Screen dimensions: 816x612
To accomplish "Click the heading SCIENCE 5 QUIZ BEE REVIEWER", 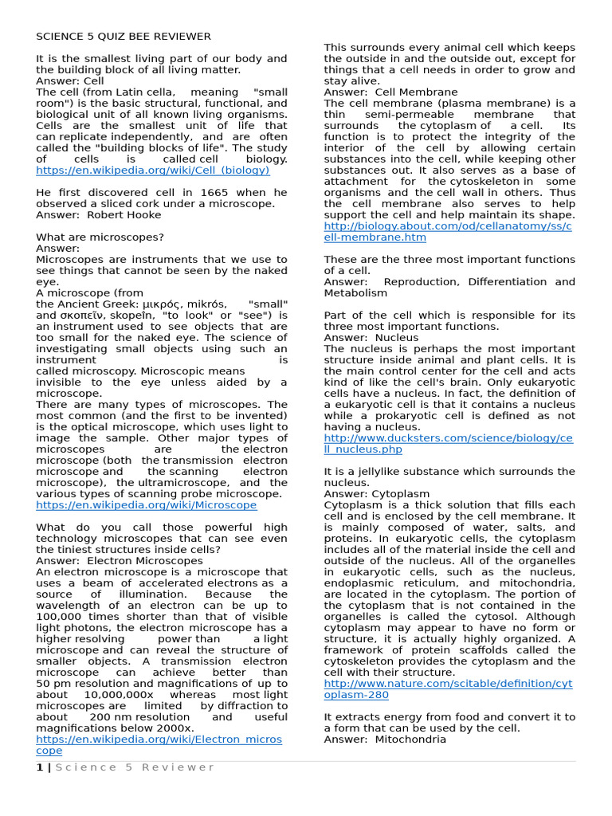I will coord(124,37).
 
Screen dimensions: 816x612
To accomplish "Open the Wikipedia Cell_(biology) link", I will coord(152,171).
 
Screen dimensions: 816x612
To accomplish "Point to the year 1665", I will coord(203,193).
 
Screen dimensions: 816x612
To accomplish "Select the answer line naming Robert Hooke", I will coord(99,215).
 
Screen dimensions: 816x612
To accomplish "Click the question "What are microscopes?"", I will coord(100,237).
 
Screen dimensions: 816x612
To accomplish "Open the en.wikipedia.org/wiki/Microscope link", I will coord(146,505).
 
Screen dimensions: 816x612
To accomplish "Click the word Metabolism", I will coord(355,293).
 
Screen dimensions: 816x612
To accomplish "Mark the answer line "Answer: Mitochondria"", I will coord(385,739).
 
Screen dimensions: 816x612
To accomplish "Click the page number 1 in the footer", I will coord(39,767).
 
